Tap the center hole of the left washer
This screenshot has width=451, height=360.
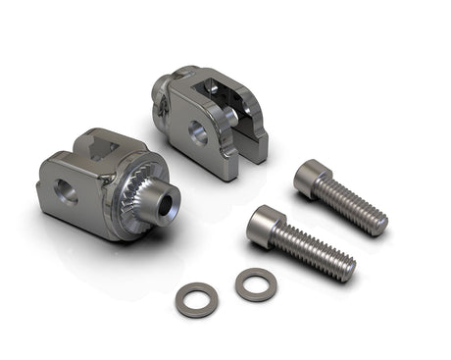pos(196,298)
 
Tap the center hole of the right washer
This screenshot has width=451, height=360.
pos(256,283)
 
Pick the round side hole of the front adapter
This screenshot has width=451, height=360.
pos(66,192)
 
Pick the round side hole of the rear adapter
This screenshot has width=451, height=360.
pos(198,134)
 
